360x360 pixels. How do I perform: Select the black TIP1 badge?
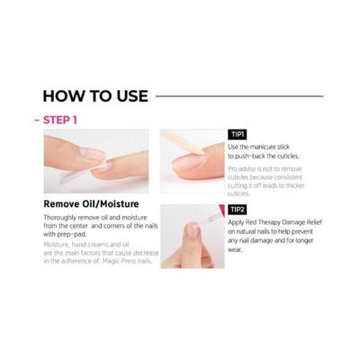point(239,132)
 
